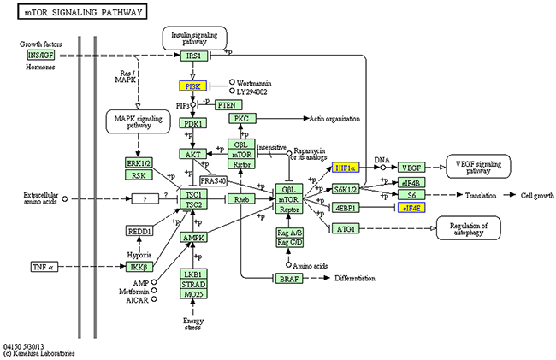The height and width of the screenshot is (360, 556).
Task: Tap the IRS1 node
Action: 193,56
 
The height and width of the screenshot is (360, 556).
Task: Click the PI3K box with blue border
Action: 193,86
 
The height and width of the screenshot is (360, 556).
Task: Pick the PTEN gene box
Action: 227,104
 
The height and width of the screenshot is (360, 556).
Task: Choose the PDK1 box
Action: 193,124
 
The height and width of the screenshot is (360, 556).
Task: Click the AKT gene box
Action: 193,154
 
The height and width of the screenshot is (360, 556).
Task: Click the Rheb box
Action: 240,198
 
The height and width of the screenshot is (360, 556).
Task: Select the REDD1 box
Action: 142,231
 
